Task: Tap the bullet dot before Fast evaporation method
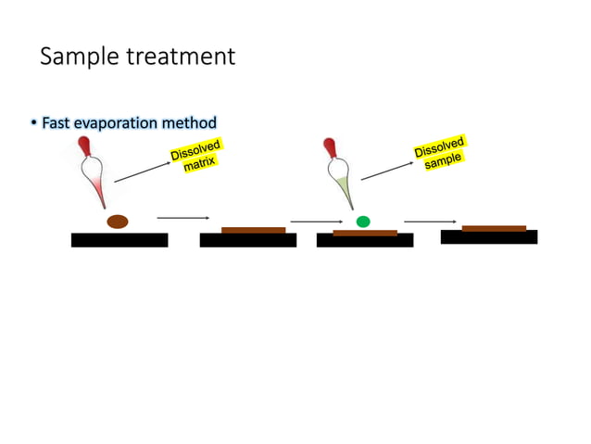(x=34, y=123)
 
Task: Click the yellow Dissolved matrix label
(x=196, y=155)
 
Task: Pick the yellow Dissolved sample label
(x=440, y=152)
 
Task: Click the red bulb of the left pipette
(x=84, y=146)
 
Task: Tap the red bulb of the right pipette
(x=329, y=146)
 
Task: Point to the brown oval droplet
(x=118, y=222)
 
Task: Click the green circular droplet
(x=363, y=222)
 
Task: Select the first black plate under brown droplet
(x=119, y=240)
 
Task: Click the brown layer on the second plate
(x=253, y=230)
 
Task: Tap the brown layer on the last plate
(x=494, y=228)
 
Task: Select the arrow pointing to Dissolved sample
(x=386, y=169)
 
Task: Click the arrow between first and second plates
(x=182, y=218)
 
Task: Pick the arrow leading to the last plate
(x=430, y=222)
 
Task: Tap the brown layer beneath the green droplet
(x=365, y=233)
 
